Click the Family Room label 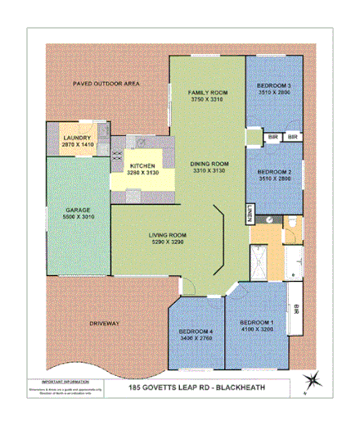(x=207, y=92)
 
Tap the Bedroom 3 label (x=274, y=85)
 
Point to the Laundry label (x=79, y=137)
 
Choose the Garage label (x=78, y=210)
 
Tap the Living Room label (x=167, y=236)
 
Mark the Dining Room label (x=204, y=163)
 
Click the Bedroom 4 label (x=195, y=331)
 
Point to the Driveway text (x=106, y=324)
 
